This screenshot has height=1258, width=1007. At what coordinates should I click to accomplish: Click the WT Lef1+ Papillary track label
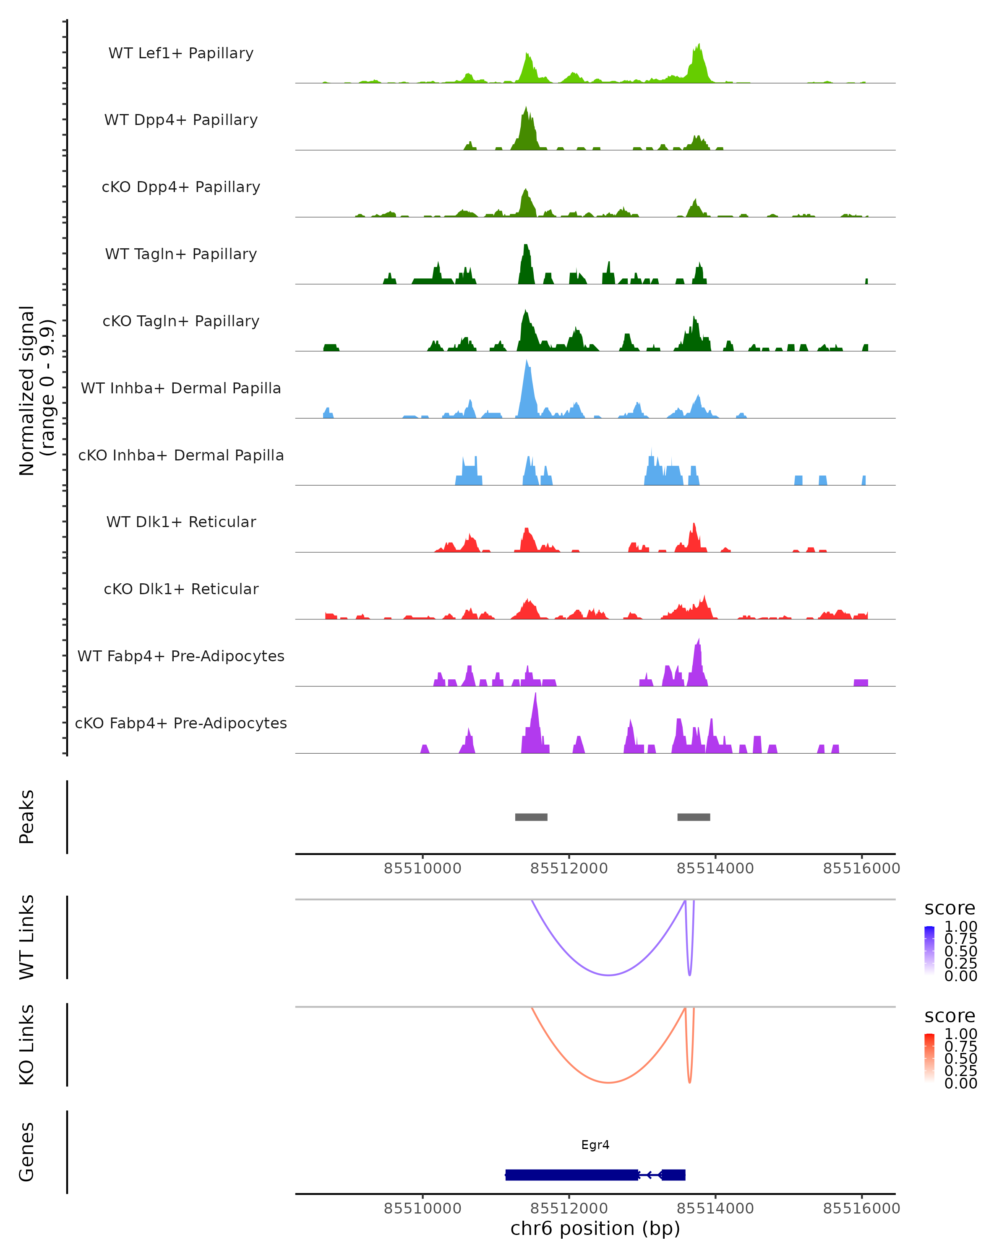(x=181, y=53)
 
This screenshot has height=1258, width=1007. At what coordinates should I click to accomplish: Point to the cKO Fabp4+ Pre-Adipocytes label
(x=181, y=723)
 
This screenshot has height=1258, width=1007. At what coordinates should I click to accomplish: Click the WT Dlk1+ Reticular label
(x=181, y=522)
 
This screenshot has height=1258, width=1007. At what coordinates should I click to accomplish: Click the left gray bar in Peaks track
(x=531, y=817)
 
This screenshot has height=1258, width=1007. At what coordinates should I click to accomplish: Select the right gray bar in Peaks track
(x=694, y=817)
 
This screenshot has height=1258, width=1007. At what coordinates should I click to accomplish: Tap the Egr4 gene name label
(x=595, y=1145)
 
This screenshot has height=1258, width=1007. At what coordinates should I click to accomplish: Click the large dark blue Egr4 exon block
(x=571, y=1175)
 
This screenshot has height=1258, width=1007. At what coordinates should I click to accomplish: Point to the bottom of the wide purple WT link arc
(x=608, y=975)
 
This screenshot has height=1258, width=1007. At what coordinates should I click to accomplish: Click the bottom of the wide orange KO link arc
(x=608, y=1082)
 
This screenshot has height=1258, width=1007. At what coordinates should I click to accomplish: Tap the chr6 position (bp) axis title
(x=595, y=1228)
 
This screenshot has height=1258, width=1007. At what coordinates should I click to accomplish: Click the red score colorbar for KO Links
(x=929, y=1058)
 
